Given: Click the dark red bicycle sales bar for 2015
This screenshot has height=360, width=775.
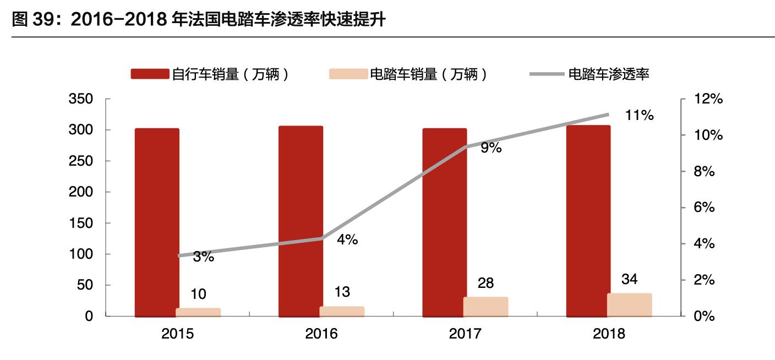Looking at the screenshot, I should (157, 222).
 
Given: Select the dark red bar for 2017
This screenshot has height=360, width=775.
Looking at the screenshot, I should (444, 222).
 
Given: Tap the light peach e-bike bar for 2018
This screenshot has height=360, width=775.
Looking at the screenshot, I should (629, 305).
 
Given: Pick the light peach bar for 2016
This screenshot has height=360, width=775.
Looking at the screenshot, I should (342, 312).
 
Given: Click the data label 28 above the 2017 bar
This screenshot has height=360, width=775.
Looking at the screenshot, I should (486, 283).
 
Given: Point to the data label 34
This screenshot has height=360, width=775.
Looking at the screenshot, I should (629, 279).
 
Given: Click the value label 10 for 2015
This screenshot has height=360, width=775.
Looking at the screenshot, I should (198, 294).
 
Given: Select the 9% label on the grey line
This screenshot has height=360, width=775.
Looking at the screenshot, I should (491, 148).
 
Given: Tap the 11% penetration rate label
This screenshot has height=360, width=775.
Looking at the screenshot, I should (639, 116).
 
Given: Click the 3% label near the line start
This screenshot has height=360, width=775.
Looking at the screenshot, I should (204, 257).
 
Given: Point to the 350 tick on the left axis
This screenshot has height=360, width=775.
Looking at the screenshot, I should (80, 100).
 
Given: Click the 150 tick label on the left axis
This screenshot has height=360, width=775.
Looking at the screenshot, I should (80, 223).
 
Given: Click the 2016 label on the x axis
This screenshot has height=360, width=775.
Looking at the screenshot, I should (321, 334).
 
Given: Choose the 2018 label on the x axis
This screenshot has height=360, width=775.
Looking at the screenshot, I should (609, 334).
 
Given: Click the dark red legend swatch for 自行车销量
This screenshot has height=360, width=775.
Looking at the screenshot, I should (149, 74).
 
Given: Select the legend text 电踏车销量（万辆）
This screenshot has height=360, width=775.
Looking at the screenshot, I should (429, 74).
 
